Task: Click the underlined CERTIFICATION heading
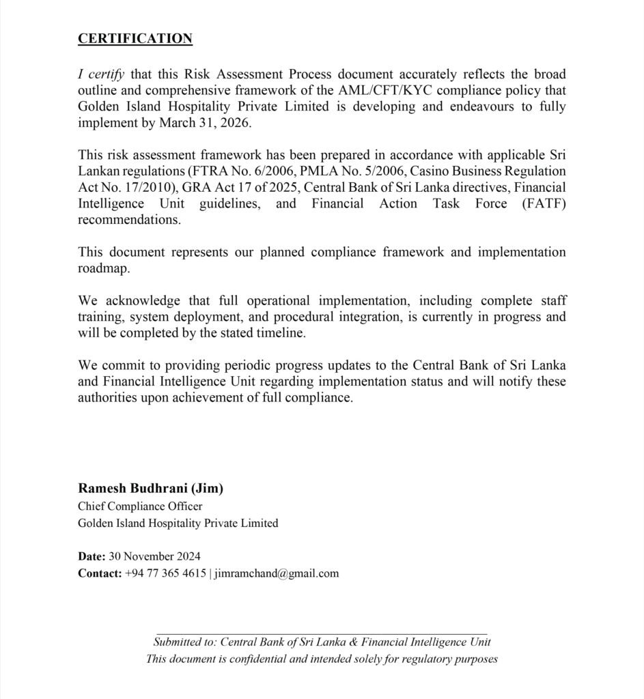(x=135, y=39)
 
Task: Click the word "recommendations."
(x=130, y=220)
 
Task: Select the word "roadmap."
(x=104, y=268)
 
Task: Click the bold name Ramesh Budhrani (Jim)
(x=151, y=488)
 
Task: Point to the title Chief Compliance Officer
(x=140, y=506)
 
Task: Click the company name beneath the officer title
(x=178, y=523)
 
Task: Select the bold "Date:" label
(x=92, y=556)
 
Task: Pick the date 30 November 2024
(x=154, y=556)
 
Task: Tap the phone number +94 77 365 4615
(x=166, y=573)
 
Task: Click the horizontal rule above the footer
(x=322, y=634)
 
